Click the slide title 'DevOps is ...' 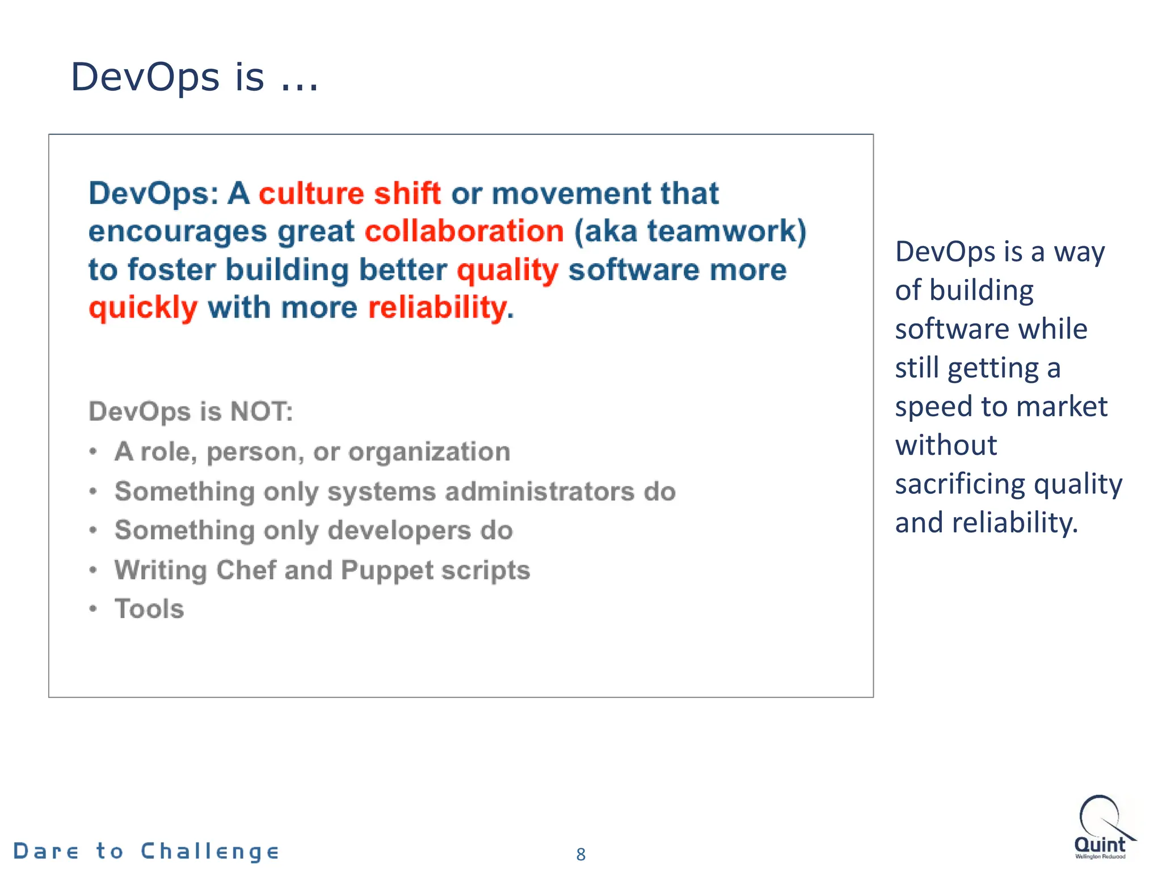point(194,77)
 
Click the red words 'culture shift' point(350,193)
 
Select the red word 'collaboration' point(464,231)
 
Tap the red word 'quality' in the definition point(507,270)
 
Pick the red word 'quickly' point(143,308)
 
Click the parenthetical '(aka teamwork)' point(690,231)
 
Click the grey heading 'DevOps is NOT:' point(191,411)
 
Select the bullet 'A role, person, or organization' point(312,452)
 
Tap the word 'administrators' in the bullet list point(539,491)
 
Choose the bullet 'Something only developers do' point(313,530)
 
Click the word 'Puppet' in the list point(387,570)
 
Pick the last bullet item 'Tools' point(149,609)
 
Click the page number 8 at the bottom point(580,854)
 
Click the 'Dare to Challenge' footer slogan point(146,851)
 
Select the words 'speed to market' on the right point(1001,407)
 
